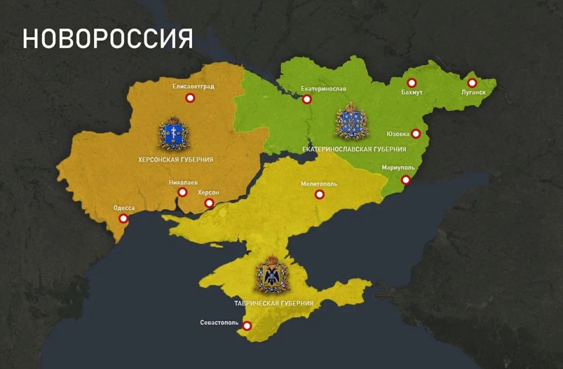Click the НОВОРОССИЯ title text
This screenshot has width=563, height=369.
tap(108, 39)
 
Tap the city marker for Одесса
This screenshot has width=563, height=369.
tap(123, 219)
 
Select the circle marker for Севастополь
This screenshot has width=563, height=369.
tap(247, 325)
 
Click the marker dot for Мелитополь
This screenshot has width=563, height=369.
tap(319, 195)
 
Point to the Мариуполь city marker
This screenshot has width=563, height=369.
tap(405, 180)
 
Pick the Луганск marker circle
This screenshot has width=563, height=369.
tap(472, 83)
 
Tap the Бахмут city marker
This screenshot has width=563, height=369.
tap(412, 83)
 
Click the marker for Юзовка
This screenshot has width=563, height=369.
tap(415, 134)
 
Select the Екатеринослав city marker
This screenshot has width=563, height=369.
tap(307, 100)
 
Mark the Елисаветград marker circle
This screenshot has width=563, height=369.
tap(190, 98)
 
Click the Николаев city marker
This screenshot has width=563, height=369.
tap(182, 192)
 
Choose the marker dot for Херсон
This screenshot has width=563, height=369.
tap(209, 202)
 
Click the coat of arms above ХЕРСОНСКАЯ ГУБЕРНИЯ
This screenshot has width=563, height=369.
tap(173, 134)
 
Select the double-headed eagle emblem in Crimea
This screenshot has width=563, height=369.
tap(272, 275)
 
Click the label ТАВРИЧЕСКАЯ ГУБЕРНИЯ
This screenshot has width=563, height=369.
tap(274, 303)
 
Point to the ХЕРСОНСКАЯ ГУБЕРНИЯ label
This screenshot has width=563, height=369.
tap(176, 160)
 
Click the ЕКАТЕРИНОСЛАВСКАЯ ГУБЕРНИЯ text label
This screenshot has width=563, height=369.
tap(354, 149)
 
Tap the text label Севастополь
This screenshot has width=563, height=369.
tap(220, 323)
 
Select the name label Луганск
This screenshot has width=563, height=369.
tap(473, 92)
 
